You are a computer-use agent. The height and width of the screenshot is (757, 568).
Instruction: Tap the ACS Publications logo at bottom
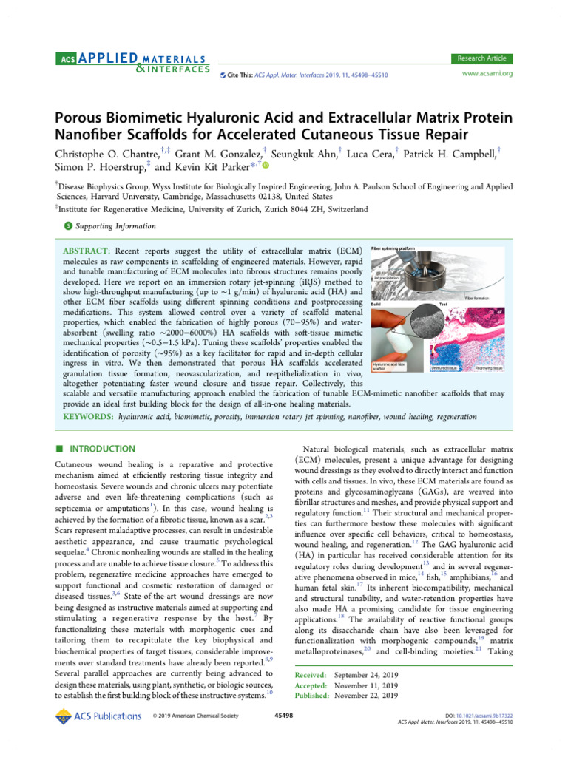pos(98,716)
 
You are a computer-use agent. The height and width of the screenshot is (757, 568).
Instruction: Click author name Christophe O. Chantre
pos(107,153)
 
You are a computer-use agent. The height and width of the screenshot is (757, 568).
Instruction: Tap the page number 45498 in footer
pos(284,716)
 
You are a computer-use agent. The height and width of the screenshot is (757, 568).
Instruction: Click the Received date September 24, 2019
pos(366,675)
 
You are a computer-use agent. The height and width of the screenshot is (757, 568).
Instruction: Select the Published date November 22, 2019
pos(366,695)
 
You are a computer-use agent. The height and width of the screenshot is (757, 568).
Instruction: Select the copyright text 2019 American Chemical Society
pos(200,716)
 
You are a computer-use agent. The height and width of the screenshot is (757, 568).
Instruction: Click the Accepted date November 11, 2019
pos(366,685)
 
